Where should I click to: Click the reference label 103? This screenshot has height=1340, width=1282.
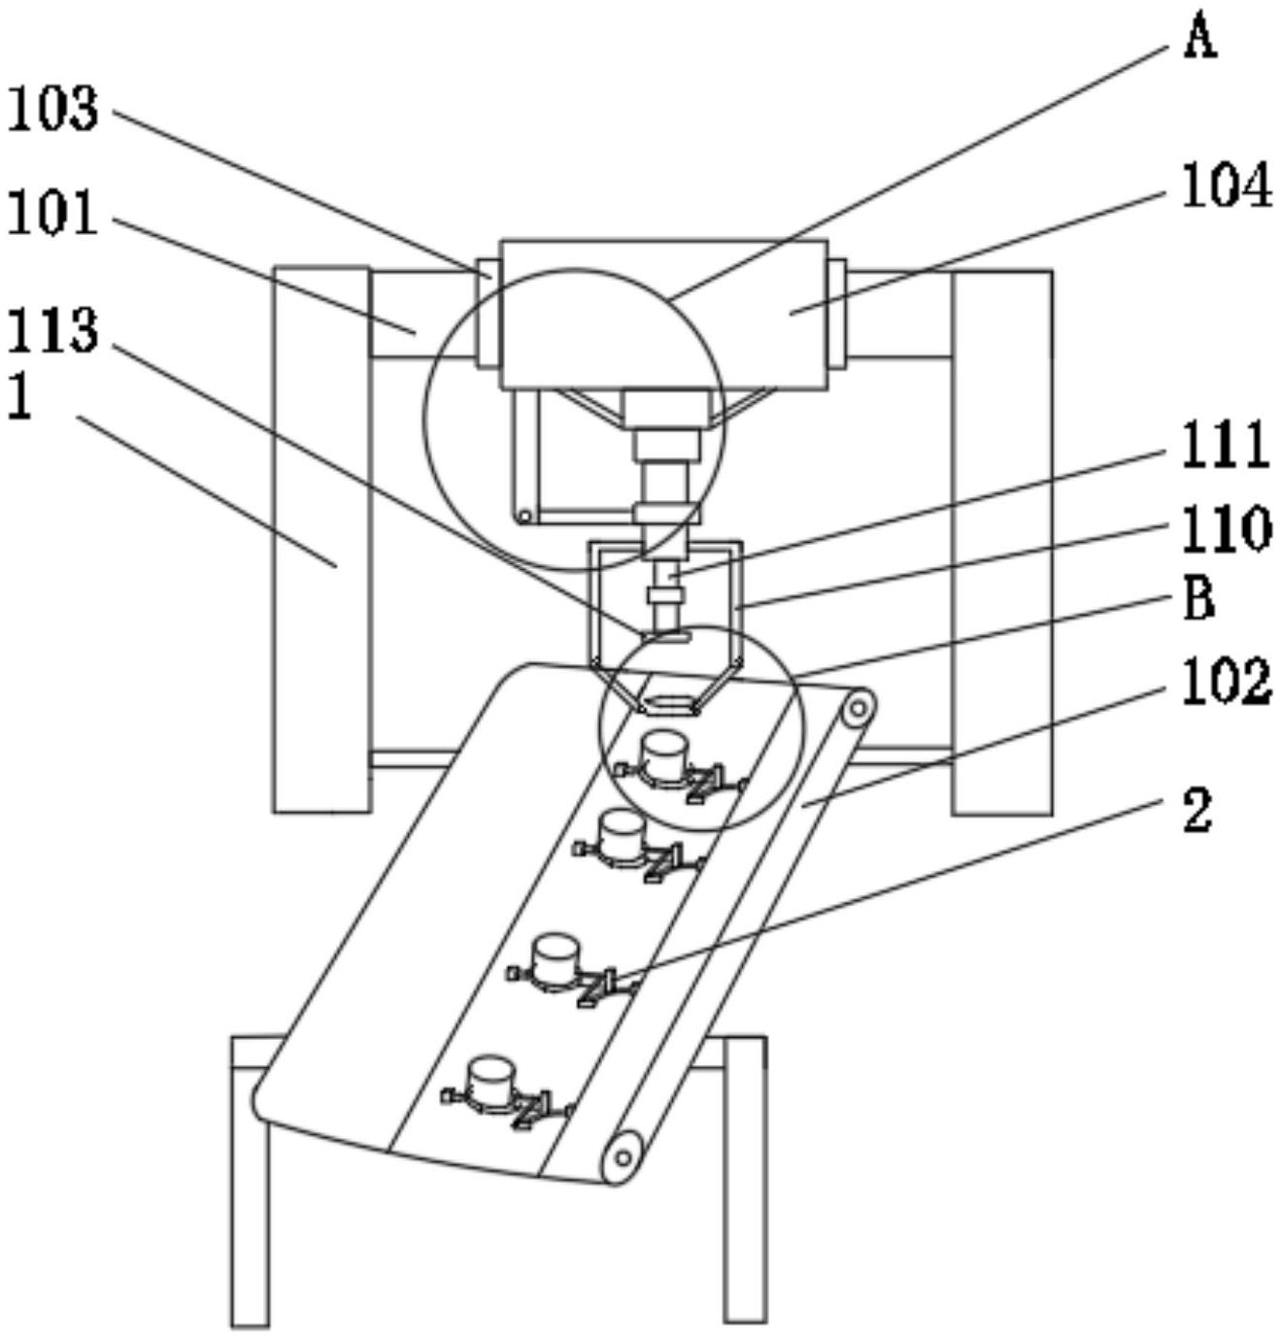[x=53, y=109]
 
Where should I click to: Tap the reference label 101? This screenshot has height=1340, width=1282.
[x=53, y=213]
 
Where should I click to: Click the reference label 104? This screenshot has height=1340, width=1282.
[x=1226, y=185]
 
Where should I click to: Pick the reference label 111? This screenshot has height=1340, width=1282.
[x=1226, y=446]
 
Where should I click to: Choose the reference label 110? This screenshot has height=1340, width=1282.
[x=1226, y=529]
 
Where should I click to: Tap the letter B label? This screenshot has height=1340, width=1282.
[x=1200, y=599]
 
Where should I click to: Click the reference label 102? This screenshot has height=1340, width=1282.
[x=1226, y=682]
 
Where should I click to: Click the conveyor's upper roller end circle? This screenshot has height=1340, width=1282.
[x=857, y=709]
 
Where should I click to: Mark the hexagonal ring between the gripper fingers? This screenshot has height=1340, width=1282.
[x=669, y=702]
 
